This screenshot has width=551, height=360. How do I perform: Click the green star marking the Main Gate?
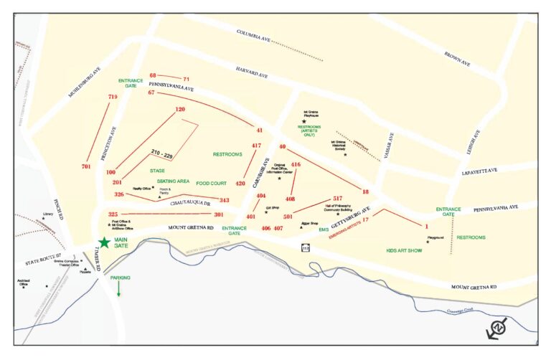(105, 243)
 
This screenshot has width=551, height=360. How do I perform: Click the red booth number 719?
(112, 97)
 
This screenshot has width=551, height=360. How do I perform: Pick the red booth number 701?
(86, 166)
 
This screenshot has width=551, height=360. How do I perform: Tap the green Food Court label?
(212, 184)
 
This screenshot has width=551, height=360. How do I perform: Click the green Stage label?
(157, 171)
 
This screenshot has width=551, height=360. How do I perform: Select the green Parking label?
(121, 277)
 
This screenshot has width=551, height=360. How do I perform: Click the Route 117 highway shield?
(305, 247)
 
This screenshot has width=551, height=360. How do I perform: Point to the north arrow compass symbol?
(497, 328)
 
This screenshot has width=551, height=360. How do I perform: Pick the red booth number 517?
(337, 199)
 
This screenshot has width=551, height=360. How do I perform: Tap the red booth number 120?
(180, 110)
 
